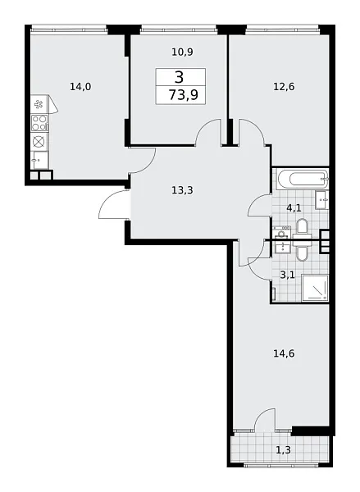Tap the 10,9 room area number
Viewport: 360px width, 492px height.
(x=182, y=52)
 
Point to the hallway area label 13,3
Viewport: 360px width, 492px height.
(x=183, y=191)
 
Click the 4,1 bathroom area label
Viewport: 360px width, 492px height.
(x=294, y=208)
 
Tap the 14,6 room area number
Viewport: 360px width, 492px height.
(x=284, y=354)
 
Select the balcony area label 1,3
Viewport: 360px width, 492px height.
(x=281, y=450)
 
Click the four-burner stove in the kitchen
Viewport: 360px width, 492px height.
(x=39, y=122)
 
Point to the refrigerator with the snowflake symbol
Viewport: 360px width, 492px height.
(x=39, y=103)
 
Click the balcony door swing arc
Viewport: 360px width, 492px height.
(x=265, y=419)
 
